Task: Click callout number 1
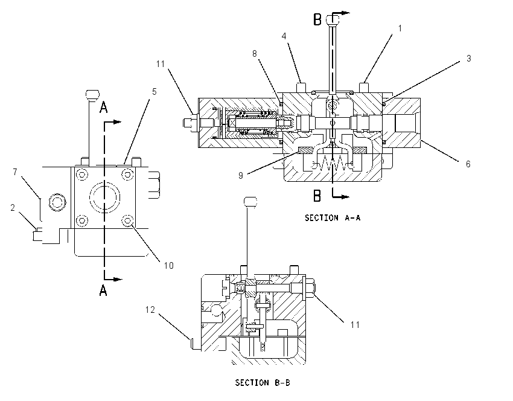click(x=400, y=28)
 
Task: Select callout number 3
click(x=468, y=59)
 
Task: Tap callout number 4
click(x=284, y=36)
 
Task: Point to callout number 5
click(x=154, y=92)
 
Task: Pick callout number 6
click(x=468, y=164)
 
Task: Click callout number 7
click(x=15, y=172)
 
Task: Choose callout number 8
click(x=255, y=54)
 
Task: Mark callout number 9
click(x=241, y=176)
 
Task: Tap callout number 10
click(x=169, y=266)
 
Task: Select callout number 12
click(x=150, y=310)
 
